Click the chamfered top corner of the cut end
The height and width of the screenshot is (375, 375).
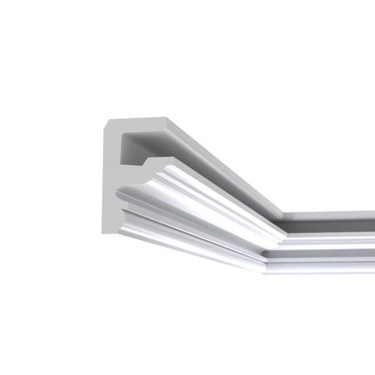[x=107, y=127]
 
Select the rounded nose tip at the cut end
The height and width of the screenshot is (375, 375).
[x=119, y=194]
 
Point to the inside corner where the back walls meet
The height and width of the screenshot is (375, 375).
[x=280, y=216]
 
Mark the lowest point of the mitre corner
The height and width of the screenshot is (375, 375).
[x=265, y=268]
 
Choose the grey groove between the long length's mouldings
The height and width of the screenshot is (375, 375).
[x=192, y=222]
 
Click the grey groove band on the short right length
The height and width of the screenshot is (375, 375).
[x=325, y=244]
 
